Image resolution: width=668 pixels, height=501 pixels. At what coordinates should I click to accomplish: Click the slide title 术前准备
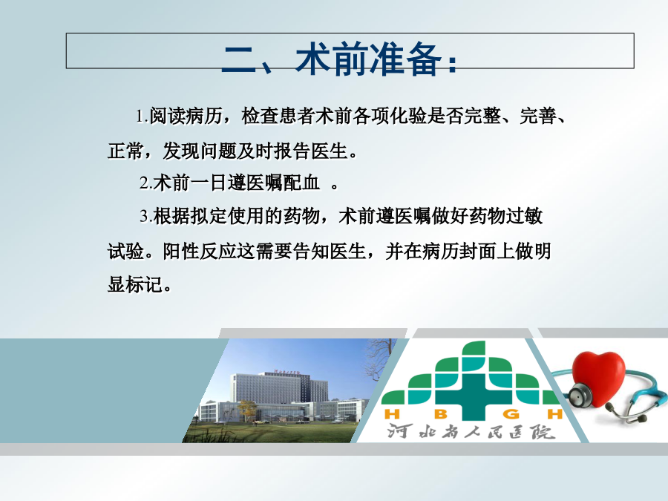click(x=369, y=59)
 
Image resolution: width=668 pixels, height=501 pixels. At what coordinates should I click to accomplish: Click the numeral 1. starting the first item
click(x=142, y=117)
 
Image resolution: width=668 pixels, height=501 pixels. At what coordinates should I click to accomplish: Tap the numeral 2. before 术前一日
click(x=145, y=183)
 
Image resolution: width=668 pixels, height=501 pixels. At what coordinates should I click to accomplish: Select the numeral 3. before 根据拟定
click(x=145, y=217)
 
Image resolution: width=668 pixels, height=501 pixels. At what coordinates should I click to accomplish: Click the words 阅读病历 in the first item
click(x=186, y=116)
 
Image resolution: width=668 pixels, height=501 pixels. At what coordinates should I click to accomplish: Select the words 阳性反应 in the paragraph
click(x=200, y=251)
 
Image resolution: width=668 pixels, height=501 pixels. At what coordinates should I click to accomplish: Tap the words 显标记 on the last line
click(x=135, y=284)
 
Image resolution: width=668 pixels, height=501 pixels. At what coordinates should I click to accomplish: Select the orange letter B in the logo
click(x=441, y=414)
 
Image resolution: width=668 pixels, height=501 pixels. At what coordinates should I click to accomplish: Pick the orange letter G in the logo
click(x=511, y=414)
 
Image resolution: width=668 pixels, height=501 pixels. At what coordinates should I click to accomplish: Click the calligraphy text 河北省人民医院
click(x=471, y=432)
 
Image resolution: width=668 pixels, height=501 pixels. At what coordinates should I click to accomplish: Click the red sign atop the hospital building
click(x=287, y=372)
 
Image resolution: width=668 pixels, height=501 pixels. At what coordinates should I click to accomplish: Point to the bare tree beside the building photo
click(x=379, y=360)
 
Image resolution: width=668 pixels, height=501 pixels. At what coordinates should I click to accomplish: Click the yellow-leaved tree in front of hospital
click(x=246, y=410)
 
